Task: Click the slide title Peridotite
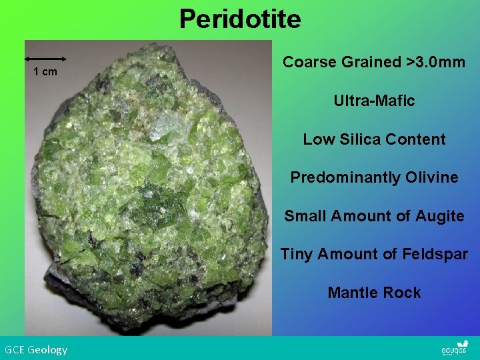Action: pos(240,19)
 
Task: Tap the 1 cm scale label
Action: pos(45,72)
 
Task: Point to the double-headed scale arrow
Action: pos(45,59)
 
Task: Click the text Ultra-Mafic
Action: pos(374,101)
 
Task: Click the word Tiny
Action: pos(297,255)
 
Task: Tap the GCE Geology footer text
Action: pos(36,349)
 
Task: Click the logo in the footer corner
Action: pos(455,349)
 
